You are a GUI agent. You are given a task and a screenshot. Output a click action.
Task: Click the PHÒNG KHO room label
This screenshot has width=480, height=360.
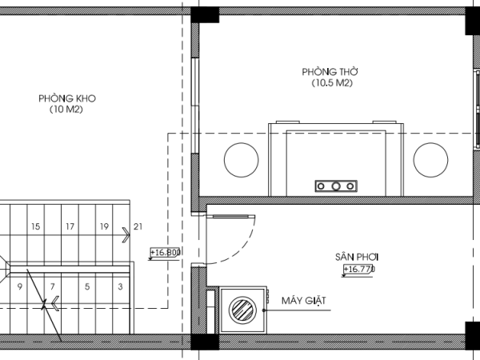[67, 98]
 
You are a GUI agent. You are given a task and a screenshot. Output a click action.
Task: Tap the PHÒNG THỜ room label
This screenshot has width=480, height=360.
[330, 72]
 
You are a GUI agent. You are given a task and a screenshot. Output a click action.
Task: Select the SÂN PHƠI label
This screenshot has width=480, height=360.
[357, 257]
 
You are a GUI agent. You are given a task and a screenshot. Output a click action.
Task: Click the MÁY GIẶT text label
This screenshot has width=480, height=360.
[304, 301]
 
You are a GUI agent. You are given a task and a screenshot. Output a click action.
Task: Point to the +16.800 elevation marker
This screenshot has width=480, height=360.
[165, 253]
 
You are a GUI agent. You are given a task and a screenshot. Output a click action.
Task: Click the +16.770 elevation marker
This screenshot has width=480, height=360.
[358, 270]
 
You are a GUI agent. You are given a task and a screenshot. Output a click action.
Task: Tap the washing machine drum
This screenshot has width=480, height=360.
[242, 310]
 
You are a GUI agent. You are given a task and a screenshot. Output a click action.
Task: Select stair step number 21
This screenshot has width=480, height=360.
[138, 226]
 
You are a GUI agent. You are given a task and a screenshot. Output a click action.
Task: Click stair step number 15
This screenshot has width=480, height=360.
[36, 226]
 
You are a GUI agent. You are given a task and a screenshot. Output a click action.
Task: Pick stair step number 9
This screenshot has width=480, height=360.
[20, 286]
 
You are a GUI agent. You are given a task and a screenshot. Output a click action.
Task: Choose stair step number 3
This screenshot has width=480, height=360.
[120, 286]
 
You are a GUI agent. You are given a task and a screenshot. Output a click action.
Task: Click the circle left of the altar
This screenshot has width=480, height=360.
[242, 160]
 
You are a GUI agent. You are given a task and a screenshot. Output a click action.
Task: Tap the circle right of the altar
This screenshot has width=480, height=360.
[430, 160]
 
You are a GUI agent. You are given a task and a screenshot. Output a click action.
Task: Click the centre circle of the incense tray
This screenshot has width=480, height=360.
[336, 186]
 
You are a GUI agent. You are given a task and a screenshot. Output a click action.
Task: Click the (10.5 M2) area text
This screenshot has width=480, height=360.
[332, 83]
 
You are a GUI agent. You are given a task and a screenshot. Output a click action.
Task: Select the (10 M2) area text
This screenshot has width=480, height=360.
[66, 110]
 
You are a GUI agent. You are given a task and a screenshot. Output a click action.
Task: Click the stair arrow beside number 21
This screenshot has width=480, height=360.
[126, 235]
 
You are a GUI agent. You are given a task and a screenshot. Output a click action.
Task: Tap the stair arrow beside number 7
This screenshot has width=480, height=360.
[55, 304]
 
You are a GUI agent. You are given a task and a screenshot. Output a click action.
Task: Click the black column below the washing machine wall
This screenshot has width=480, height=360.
[205, 342]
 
